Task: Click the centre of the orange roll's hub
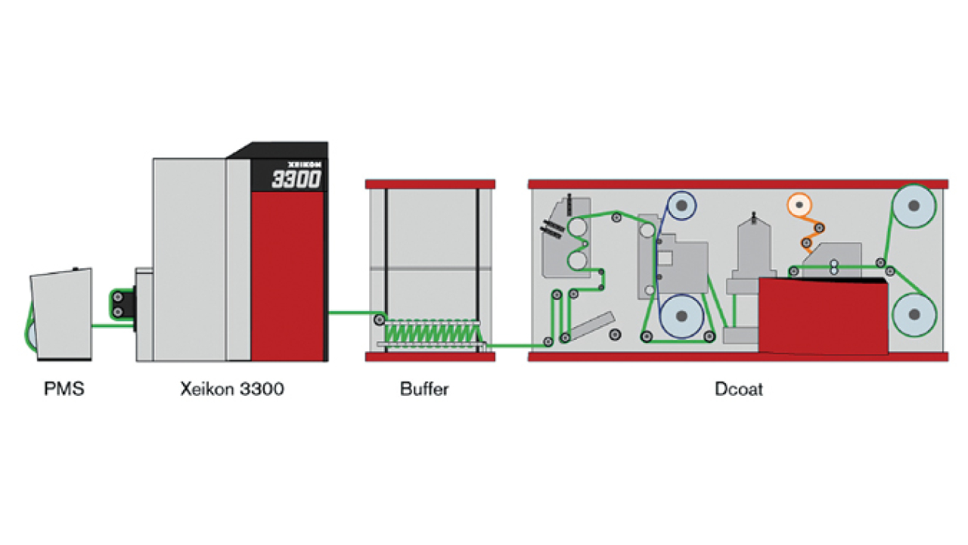(799, 204)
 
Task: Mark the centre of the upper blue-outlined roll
(681, 205)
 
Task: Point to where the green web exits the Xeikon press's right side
(328, 313)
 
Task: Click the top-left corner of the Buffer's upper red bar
(365, 180)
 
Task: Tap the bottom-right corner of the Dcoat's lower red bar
(948, 361)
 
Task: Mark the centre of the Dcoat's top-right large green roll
(914, 206)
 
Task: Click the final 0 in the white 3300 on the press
(313, 179)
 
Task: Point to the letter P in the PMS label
(48, 389)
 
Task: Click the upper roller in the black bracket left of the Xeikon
(117, 297)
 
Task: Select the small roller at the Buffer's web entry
(380, 320)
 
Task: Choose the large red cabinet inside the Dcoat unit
(824, 316)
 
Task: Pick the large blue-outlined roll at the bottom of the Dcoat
(681, 316)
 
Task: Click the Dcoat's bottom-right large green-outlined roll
(914, 314)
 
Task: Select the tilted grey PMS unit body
(61, 314)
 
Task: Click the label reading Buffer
(424, 389)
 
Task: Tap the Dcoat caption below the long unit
(739, 389)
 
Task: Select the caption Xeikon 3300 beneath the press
(232, 389)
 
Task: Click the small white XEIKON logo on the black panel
(304, 165)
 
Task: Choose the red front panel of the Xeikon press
(287, 276)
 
